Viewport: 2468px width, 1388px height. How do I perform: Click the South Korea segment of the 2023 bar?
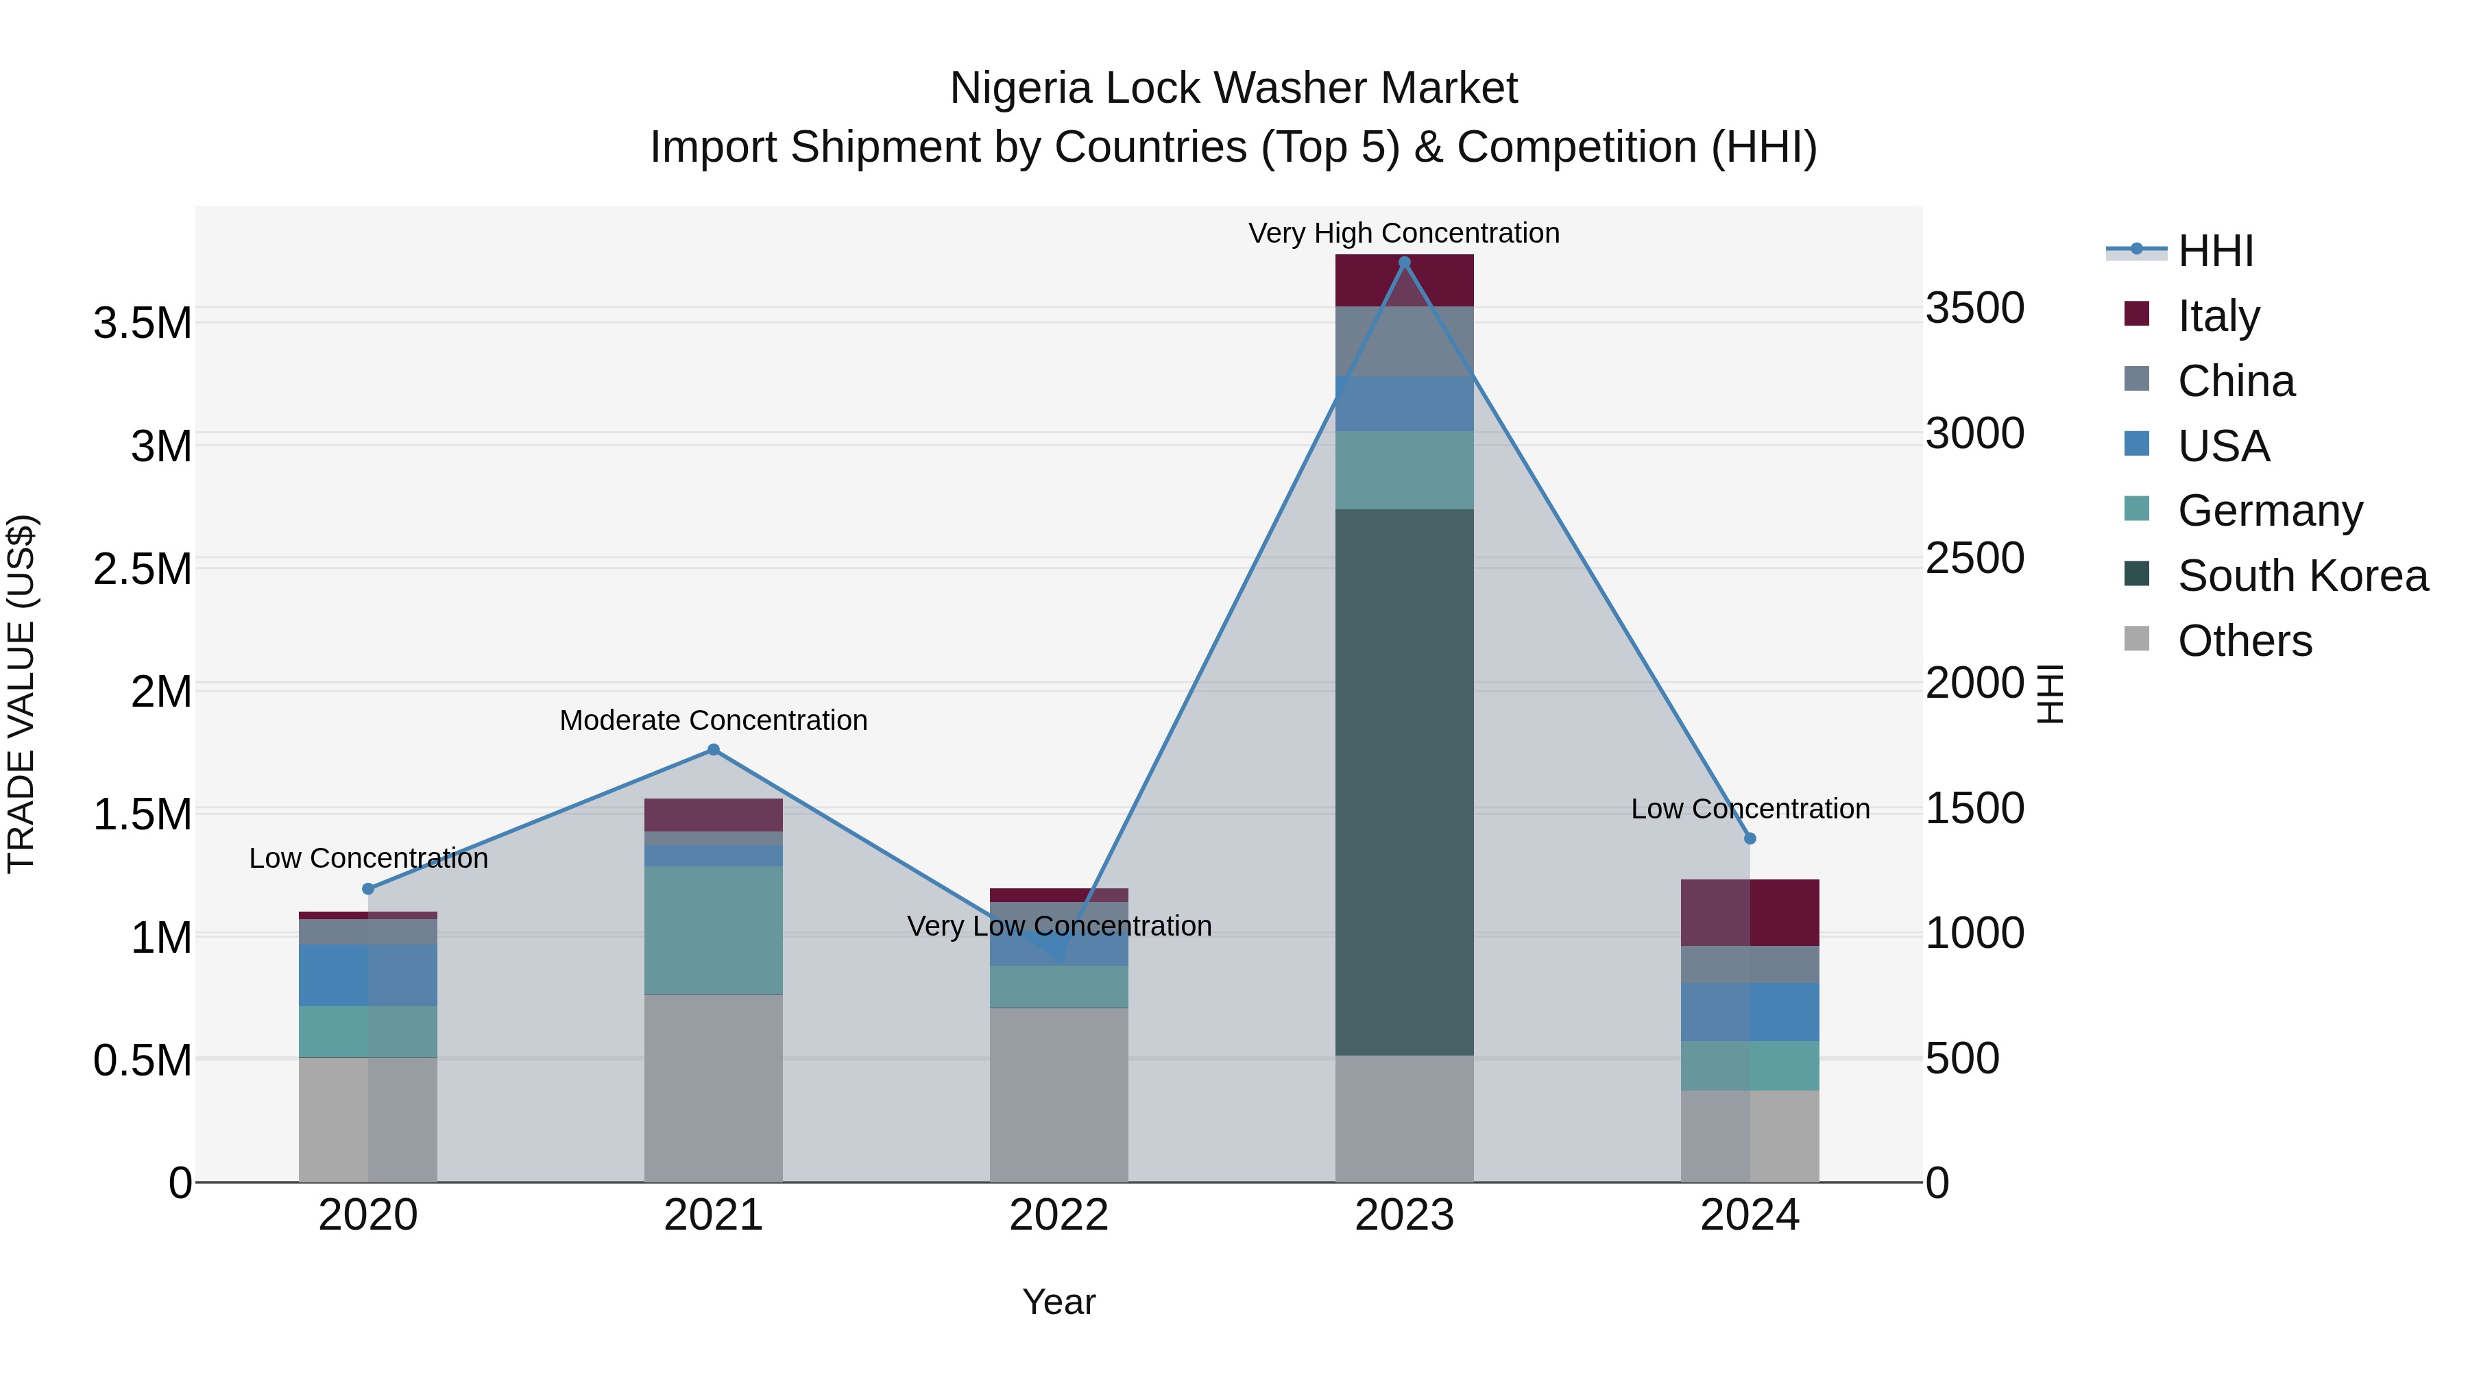tap(1403, 781)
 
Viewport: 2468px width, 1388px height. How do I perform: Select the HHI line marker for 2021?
tap(713, 750)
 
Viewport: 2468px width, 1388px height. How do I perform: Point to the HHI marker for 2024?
tap(1750, 838)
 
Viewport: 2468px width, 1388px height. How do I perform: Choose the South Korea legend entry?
tap(2302, 576)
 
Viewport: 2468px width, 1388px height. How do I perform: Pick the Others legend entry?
tap(2244, 641)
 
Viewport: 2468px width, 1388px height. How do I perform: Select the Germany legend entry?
tap(2270, 511)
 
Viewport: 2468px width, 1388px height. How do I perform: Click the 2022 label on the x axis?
tap(1058, 1215)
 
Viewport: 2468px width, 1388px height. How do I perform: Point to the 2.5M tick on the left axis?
tap(143, 569)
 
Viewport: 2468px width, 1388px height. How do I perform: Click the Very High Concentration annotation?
tap(1403, 233)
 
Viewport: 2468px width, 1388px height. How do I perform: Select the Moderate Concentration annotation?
tap(713, 720)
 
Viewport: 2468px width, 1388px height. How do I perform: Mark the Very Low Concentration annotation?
tap(1058, 926)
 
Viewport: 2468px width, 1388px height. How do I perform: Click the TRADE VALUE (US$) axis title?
tap(21, 694)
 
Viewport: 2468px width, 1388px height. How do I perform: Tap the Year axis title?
tap(1058, 1302)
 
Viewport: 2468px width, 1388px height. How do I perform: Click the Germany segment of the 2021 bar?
tap(713, 929)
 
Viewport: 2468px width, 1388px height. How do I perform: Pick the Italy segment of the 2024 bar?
tap(1750, 912)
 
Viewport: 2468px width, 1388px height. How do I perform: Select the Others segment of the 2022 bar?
tap(1058, 1094)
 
